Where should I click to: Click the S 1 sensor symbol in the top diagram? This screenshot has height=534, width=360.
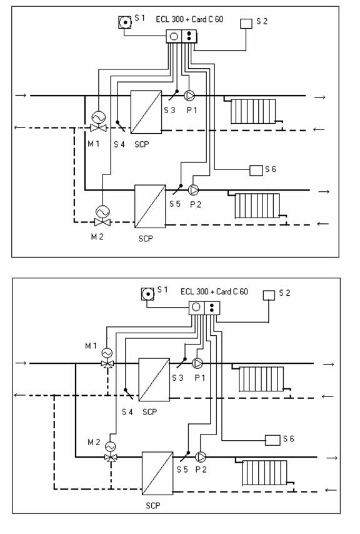click(125, 23)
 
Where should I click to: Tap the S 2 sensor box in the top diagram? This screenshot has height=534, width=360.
click(246, 24)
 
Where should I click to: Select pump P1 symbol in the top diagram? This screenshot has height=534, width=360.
click(189, 96)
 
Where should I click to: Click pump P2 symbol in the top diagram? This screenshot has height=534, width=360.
click(194, 190)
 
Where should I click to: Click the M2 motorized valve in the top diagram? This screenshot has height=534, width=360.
click(102, 217)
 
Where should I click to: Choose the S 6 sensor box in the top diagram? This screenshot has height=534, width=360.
click(256, 170)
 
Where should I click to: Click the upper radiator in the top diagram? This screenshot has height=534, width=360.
click(253, 111)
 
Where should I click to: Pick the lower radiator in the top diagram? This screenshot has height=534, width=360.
click(257, 206)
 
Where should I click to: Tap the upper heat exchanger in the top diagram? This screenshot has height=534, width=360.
click(146, 112)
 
